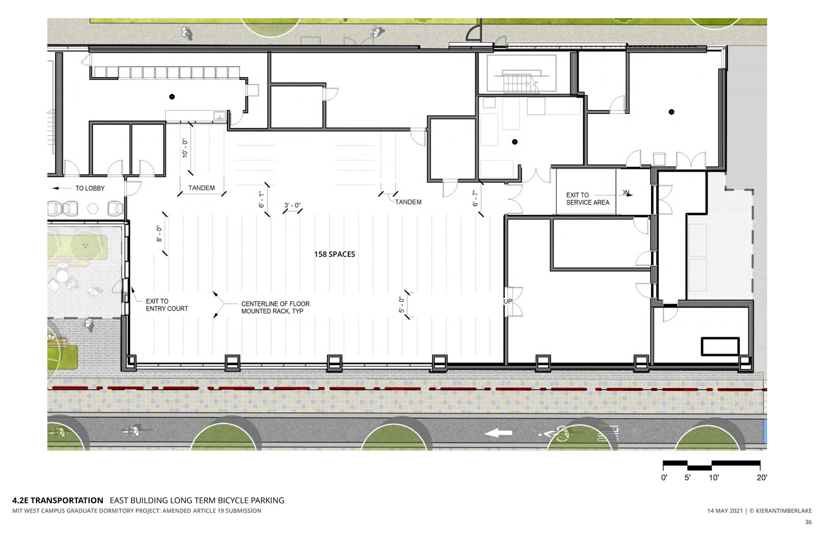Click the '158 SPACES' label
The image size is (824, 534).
(335, 254)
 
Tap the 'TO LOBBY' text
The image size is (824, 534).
(90, 188)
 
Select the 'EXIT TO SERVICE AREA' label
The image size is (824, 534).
(587, 199)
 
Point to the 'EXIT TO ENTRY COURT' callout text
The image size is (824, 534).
(166, 305)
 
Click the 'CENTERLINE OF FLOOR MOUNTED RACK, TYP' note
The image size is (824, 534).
(276, 307)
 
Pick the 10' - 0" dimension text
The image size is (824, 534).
(185, 148)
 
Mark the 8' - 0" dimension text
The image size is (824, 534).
(159, 234)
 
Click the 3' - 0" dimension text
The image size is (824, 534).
(292, 205)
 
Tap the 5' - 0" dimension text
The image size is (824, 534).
(402, 305)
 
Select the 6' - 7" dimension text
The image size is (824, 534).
(475, 198)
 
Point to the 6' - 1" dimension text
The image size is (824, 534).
(261, 200)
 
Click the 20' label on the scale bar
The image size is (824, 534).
(762, 478)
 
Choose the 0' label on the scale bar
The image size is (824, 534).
(664, 478)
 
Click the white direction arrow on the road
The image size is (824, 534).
(498, 433)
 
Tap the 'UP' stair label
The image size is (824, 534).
(508, 301)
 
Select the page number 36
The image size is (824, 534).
(808, 522)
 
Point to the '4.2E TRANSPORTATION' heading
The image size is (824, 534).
(58, 500)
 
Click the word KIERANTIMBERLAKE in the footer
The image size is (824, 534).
(784, 511)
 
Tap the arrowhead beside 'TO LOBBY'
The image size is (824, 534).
(55, 188)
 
